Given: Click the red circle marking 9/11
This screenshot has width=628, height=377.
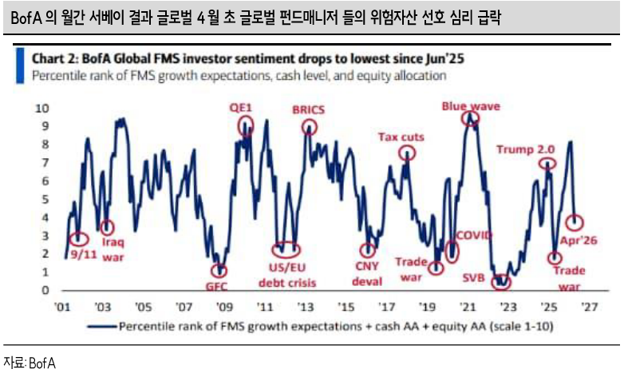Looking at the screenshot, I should coord(77,239).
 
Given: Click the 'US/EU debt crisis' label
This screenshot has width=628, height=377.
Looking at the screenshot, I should coord(286,276).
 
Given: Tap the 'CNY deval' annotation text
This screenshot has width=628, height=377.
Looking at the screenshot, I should coord(368,275).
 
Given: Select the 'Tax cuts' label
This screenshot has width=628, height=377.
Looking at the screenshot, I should coord(401,137).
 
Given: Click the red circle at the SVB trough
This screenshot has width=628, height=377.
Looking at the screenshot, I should coord(500,281).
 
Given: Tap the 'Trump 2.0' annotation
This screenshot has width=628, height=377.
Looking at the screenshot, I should coord(525,149).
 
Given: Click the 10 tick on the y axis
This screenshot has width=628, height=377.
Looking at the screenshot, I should coord(43,108).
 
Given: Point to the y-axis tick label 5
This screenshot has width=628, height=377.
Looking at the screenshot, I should coord(45,199).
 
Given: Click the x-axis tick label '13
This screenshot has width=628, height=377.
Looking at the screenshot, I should coord(304,307).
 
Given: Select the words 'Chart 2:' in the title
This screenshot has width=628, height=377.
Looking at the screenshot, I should coord(55,59).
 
